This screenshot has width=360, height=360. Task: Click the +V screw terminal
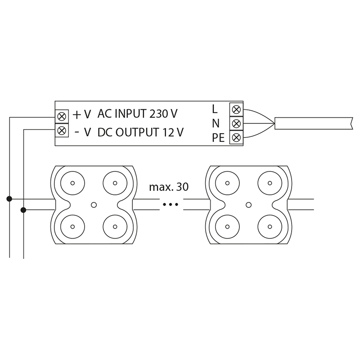(x=62, y=116)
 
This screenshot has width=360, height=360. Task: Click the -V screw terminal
(x=62, y=131)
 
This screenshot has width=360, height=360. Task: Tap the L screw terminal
(x=236, y=109)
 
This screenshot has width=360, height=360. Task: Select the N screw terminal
(x=236, y=123)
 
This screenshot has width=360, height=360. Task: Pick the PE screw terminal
(x=236, y=137)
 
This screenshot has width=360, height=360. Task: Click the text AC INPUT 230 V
(x=137, y=114)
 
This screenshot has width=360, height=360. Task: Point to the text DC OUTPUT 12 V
(x=140, y=132)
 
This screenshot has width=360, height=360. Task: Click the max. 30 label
(x=169, y=187)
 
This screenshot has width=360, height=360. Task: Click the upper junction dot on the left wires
(x=9, y=198)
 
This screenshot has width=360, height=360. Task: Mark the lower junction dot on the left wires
(x=23, y=210)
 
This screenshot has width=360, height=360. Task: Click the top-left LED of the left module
(x=72, y=183)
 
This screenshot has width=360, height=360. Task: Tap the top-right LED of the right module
(x=270, y=183)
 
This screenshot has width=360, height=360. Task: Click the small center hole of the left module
(x=94, y=205)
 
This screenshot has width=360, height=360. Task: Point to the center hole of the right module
(x=248, y=205)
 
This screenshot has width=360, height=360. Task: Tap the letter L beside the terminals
(x=215, y=109)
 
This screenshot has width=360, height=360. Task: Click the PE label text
(x=218, y=138)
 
